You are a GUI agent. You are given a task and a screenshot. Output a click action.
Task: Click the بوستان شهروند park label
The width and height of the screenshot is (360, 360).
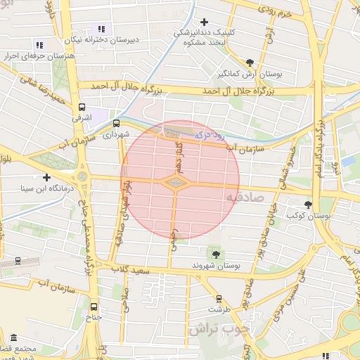point(217,266)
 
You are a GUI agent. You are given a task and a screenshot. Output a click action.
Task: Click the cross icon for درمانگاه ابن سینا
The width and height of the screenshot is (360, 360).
point(47,177)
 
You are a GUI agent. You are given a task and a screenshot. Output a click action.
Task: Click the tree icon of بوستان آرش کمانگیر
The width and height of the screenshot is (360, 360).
point(250,61)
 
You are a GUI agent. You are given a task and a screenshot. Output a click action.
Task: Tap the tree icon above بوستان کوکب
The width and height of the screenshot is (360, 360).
point(308,205)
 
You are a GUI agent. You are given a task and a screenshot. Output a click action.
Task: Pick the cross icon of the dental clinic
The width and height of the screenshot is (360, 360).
point(205,22)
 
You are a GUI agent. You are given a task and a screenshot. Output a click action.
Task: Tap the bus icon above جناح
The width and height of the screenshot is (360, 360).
point(94,306)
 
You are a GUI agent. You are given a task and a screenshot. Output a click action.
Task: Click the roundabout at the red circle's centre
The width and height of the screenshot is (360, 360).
point(176,182)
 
